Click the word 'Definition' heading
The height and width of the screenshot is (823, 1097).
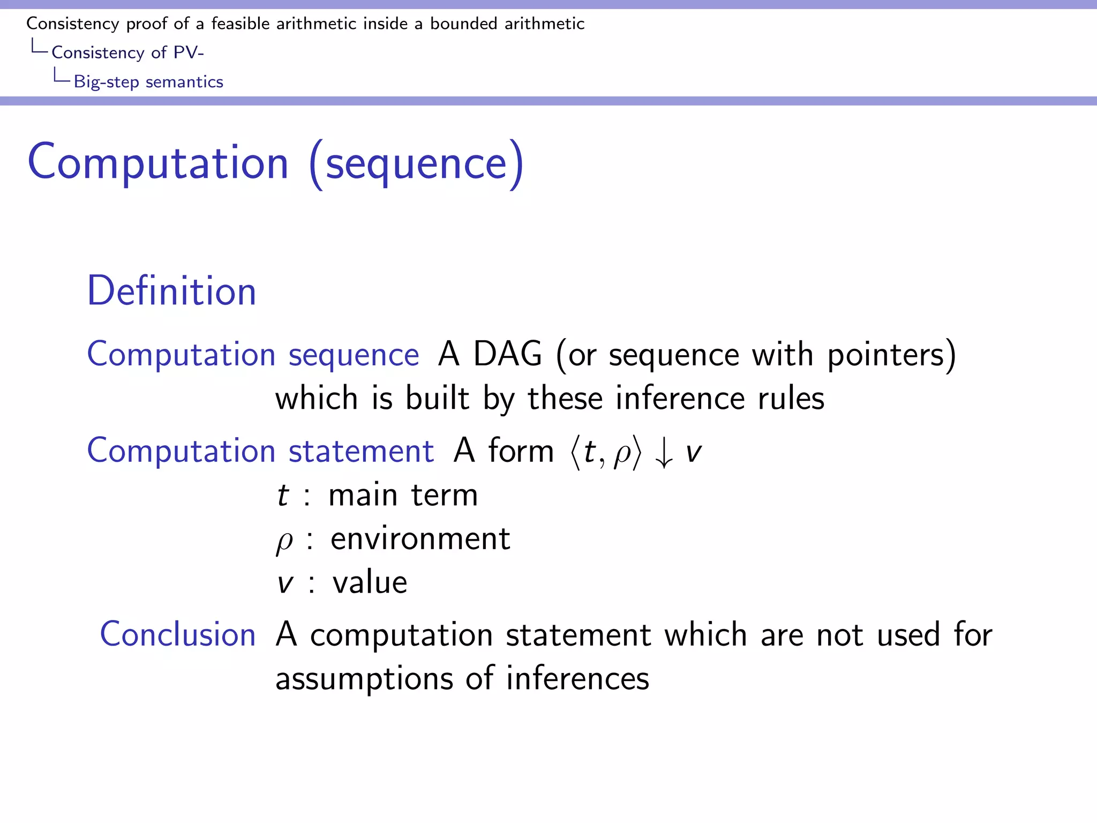[171, 291]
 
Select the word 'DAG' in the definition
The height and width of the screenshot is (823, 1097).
[507, 354]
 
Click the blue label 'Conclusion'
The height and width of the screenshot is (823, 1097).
[178, 634]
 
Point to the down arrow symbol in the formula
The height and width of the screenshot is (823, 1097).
[664, 452]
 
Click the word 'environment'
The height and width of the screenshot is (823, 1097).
[420, 539]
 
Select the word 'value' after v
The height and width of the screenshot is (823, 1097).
[370, 583]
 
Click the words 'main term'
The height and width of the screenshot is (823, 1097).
[403, 495]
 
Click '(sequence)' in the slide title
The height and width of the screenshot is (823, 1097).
[417, 163]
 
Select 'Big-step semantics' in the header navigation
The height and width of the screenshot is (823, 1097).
[148, 82]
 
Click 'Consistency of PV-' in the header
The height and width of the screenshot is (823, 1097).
[127, 53]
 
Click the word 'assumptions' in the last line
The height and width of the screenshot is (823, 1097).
[364, 679]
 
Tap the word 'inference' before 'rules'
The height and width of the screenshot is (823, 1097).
[680, 399]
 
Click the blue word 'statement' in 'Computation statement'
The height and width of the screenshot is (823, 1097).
[360, 451]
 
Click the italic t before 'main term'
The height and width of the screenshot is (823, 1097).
[282, 495]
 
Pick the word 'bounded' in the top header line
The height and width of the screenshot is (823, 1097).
[463, 24]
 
